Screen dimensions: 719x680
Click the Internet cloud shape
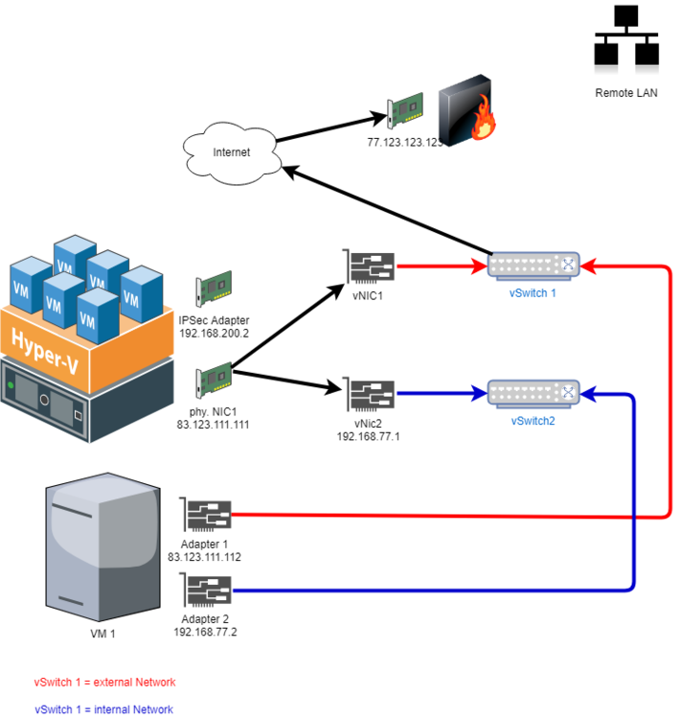231,151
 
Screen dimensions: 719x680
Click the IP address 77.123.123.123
405,142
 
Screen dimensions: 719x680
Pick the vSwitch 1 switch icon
533,265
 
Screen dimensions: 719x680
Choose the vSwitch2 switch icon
533,392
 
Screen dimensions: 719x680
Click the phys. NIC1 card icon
214,380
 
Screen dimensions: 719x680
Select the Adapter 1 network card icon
207,516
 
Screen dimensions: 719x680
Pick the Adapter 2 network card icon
207,590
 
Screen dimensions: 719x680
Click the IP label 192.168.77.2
205,633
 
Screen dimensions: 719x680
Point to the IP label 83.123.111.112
205,557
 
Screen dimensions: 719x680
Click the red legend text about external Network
105,683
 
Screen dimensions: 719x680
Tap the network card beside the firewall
404,115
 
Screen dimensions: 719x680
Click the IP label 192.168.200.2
214,334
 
